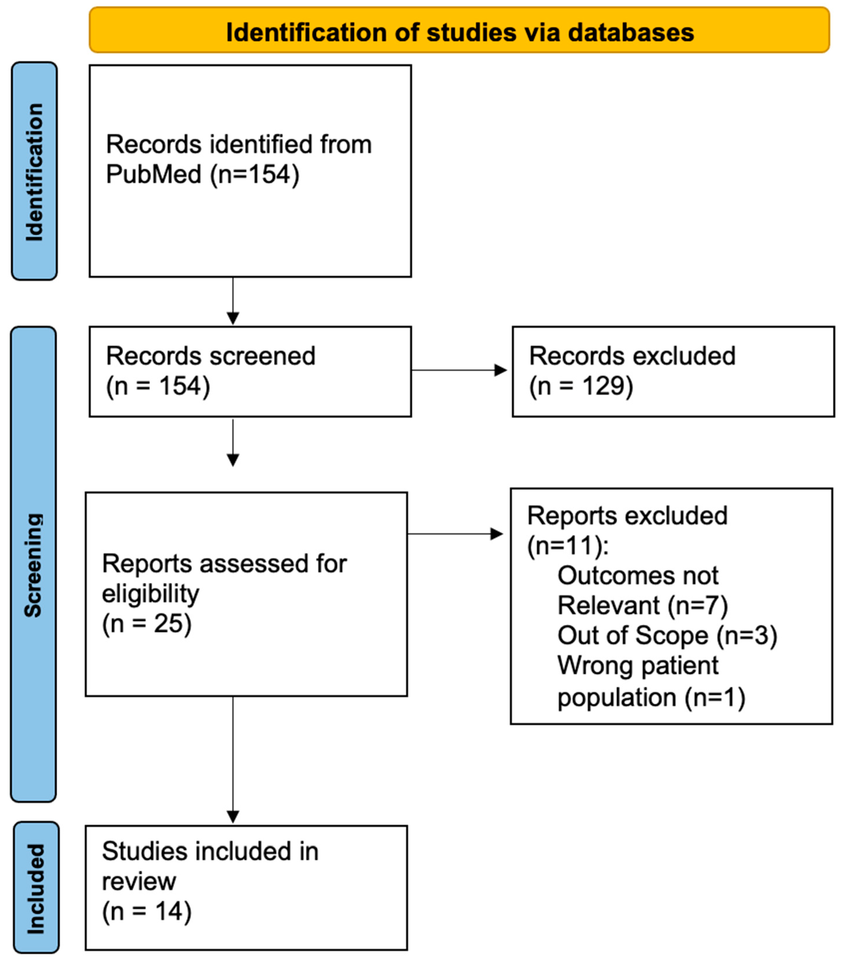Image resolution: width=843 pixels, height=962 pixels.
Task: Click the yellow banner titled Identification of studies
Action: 459,30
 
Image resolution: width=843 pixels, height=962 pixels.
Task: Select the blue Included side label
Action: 36,888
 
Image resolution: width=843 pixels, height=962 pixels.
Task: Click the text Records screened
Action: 210,356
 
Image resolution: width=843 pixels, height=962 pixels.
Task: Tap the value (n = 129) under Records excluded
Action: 581,386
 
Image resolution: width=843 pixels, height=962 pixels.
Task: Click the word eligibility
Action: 150,594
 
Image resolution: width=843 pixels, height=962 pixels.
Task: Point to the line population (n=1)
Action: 651,697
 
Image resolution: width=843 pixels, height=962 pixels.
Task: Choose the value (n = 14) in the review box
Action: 147,911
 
